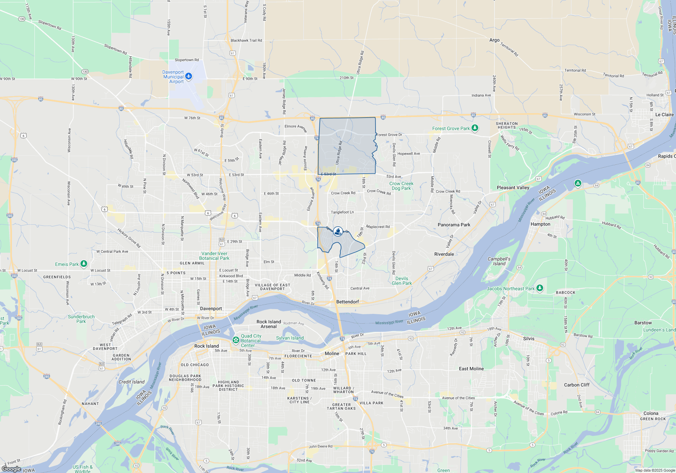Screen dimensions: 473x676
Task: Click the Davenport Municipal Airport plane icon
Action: (x=189, y=76)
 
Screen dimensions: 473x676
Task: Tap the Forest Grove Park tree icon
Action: (x=475, y=128)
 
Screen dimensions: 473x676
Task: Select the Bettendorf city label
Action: (x=347, y=302)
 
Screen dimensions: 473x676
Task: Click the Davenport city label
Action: (x=211, y=308)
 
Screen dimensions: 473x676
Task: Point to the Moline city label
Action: (x=332, y=353)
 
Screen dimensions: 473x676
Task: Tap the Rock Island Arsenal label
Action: (x=269, y=324)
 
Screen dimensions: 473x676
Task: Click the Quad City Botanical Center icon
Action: (x=236, y=340)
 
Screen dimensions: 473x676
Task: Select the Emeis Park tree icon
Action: (x=84, y=264)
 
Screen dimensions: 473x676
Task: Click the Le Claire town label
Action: (x=665, y=115)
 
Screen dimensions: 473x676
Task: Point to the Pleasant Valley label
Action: (x=513, y=188)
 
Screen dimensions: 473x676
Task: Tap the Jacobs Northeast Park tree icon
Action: (x=540, y=288)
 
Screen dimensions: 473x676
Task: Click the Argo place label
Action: (x=494, y=40)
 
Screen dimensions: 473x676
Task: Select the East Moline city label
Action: (x=471, y=369)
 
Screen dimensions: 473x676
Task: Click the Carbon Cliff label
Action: (x=577, y=385)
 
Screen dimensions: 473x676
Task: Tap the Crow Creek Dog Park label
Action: (x=401, y=186)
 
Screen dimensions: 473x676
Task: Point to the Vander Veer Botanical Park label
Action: (x=214, y=256)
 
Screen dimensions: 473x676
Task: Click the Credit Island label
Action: (x=131, y=382)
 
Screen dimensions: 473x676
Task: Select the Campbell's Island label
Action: (x=499, y=261)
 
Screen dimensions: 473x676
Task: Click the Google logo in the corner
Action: (x=11, y=469)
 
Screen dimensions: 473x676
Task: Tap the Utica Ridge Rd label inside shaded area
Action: (x=339, y=153)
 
